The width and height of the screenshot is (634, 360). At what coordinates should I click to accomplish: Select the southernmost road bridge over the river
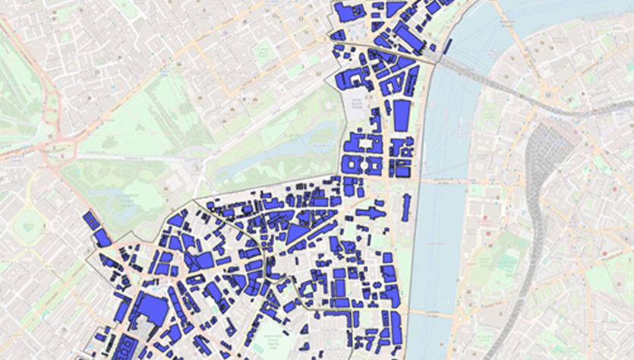(x=433, y=313)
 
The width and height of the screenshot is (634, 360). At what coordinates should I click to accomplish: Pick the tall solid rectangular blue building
(x=401, y=117)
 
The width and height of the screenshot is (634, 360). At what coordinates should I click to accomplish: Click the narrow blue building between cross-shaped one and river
(x=405, y=207)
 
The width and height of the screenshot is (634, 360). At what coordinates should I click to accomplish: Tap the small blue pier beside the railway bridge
(x=446, y=46)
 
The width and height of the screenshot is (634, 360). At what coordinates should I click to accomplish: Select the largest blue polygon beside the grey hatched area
(x=152, y=311)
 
